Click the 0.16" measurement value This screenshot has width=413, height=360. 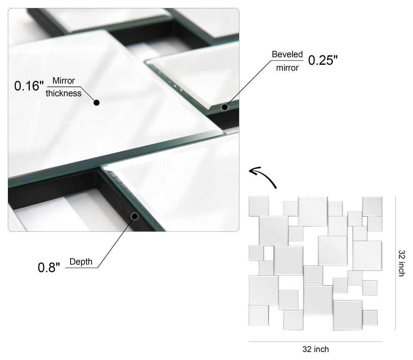29,86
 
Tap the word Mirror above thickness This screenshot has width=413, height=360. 63,81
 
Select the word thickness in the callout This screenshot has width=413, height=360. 63,93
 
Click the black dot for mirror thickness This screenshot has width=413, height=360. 96,102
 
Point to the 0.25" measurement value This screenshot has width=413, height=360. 322,61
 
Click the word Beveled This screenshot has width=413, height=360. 287,55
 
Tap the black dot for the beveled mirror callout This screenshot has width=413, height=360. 224,107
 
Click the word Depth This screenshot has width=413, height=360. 81,262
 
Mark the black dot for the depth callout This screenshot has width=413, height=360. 135,216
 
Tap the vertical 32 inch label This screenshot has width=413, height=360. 401,263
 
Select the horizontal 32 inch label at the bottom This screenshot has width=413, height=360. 316,349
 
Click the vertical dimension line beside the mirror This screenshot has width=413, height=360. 395,263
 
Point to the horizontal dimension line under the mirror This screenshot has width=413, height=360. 316,342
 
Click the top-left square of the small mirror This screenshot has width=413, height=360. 259,206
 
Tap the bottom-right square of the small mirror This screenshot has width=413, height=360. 370,317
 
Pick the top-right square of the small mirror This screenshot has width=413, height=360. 372,206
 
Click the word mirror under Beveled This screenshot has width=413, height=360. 287,68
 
